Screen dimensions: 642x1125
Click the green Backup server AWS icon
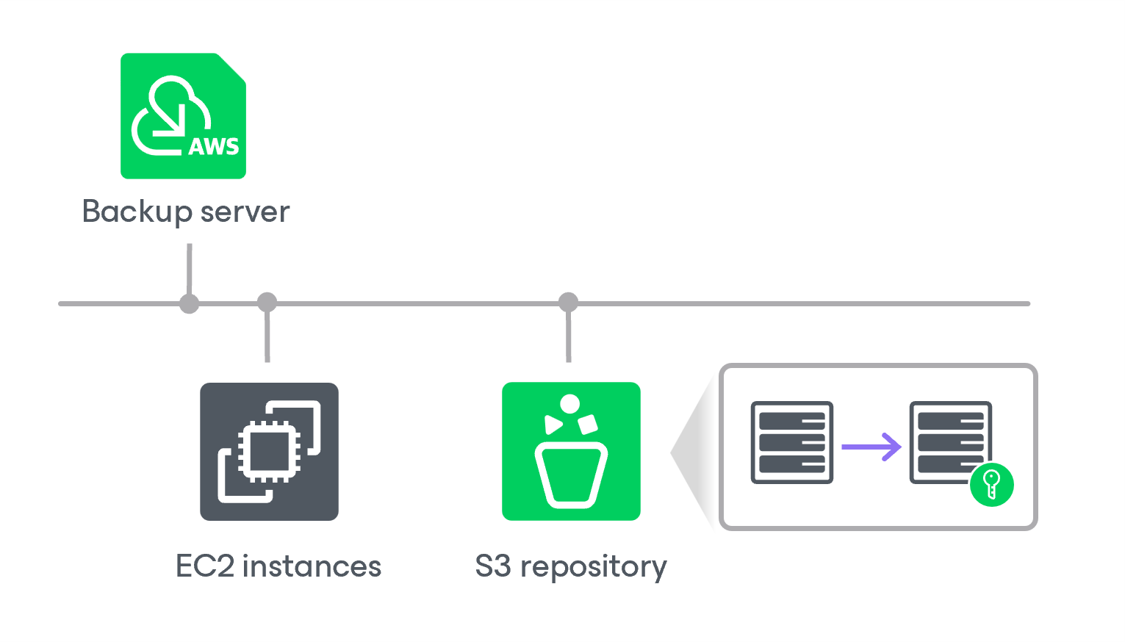click(183, 115)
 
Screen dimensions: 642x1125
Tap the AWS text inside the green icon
click(214, 146)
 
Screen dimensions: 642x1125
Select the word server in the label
click(245, 212)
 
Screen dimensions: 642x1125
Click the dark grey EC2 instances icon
click(269, 451)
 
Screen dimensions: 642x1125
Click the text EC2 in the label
click(205, 566)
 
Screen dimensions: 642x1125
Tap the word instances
click(312, 566)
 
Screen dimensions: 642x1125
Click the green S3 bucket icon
click(571, 451)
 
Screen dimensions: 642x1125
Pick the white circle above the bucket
click(569, 403)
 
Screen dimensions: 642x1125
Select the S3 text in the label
click(492, 566)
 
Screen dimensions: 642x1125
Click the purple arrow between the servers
click(871, 446)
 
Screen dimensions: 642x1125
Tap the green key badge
click(991, 485)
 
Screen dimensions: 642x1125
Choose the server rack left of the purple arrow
click(791, 442)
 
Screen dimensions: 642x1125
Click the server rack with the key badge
click(949, 441)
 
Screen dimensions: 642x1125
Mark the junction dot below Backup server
click(190, 303)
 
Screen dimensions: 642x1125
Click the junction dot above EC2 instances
click(267, 302)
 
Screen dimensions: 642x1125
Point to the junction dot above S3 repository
click(568, 302)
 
